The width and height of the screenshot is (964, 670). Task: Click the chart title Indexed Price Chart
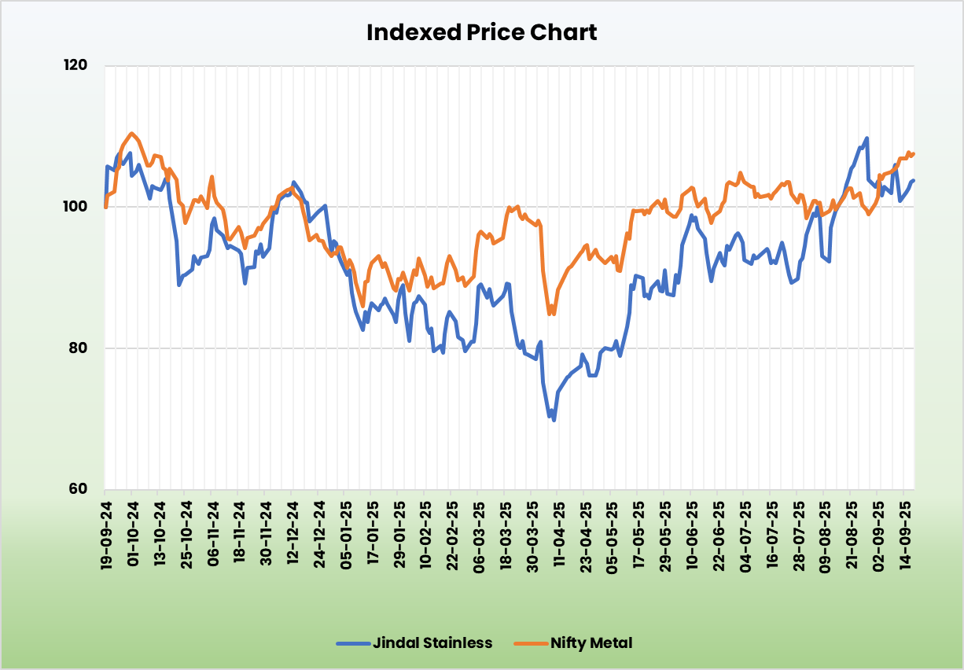point(481,32)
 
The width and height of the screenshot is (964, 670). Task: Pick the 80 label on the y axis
point(77,348)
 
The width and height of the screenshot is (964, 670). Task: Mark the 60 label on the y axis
point(77,488)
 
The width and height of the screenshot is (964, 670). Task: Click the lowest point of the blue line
point(554,420)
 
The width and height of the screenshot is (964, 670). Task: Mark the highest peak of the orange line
point(131,134)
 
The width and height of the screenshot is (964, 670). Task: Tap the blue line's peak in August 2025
point(866,138)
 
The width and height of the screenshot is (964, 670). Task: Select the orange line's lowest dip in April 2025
point(550,315)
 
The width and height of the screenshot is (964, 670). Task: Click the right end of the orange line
point(914,153)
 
